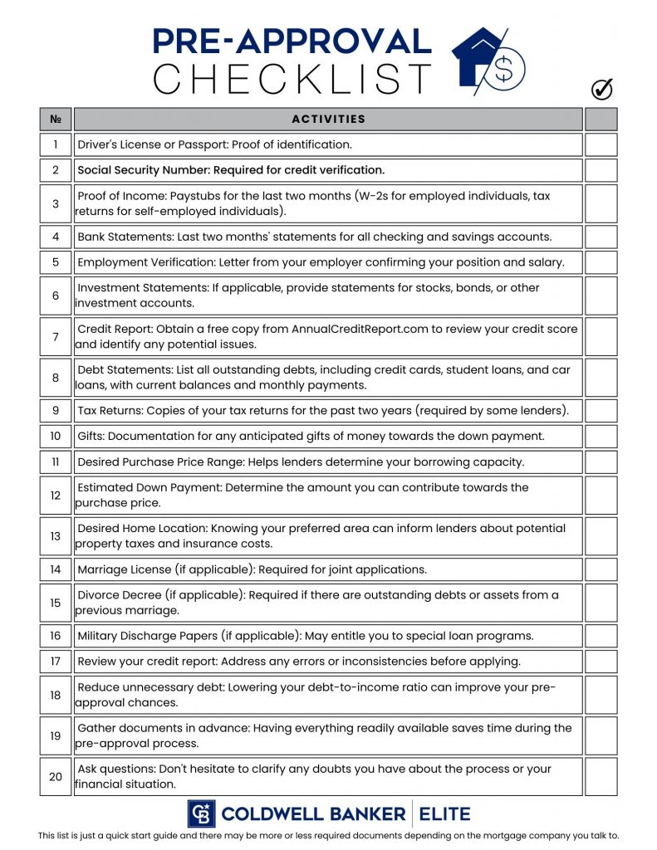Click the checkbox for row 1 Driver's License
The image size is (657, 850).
[x=601, y=144]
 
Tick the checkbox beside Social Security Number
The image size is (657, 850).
[x=601, y=170]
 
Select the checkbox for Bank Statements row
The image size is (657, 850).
[x=601, y=237]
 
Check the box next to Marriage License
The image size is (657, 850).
[x=601, y=569]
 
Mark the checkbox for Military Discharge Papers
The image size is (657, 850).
[x=601, y=636]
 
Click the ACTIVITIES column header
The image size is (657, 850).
[x=328, y=119]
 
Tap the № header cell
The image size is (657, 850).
[x=56, y=119]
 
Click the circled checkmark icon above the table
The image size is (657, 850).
[x=601, y=89]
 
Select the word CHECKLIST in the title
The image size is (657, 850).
[x=292, y=79]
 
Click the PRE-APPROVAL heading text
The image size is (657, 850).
[x=292, y=41]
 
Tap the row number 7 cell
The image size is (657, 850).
[x=56, y=337]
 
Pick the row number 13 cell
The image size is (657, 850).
[x=56, y=536]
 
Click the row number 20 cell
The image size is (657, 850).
[x=56, y=777]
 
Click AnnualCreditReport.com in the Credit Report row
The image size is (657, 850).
[x=360, y=329]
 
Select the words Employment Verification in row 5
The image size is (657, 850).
[x=146, y=262]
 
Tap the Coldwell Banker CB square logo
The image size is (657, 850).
[x=201, y=813]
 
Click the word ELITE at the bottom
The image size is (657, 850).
[x=444, y=813]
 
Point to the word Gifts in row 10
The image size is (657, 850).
[x=91, y=437]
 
